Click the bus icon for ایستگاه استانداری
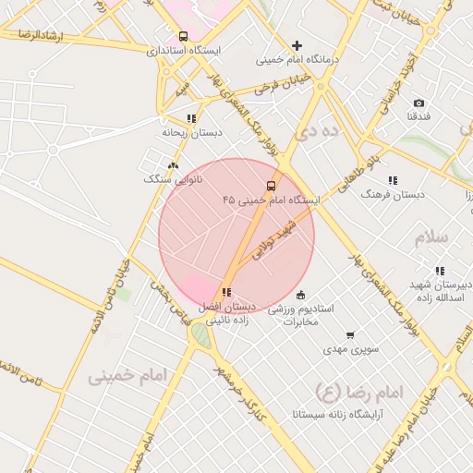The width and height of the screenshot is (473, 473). point(183,37)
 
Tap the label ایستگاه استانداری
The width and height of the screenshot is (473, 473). point(183,51)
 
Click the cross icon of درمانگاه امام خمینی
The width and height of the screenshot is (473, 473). point(297,45)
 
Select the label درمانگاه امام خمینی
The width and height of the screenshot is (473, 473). point(298,60)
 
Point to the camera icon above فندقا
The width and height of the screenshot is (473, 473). point(418,103)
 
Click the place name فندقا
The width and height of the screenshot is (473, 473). point(418,117)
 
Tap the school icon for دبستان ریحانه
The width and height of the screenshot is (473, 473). point(191,118)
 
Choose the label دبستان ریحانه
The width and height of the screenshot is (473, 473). point(192,133)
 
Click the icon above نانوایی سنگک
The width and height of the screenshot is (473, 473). point(172,164)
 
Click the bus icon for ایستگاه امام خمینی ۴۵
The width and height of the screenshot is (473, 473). point(271,185)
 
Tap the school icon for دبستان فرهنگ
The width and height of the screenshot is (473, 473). point(393,181)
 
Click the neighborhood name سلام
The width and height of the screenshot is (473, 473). point(431,236)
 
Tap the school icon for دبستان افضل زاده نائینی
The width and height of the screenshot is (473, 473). point(226,292)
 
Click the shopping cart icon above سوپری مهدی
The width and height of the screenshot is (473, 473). point(349,335)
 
